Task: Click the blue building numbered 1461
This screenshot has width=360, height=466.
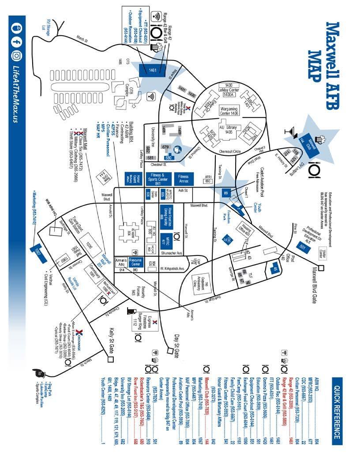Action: [152, 70]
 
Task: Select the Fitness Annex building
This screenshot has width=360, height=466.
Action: [183, 179]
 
